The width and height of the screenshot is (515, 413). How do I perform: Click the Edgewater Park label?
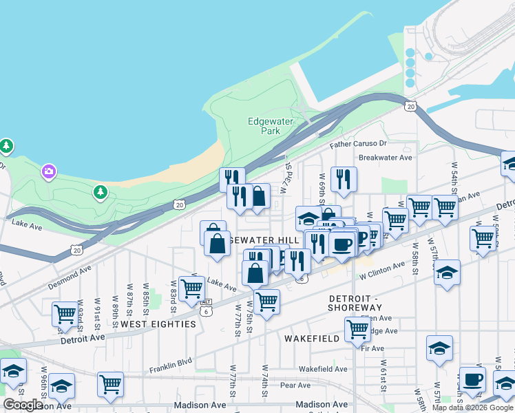[x=270, y=126]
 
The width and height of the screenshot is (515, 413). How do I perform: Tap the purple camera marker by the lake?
[x=48, y=171]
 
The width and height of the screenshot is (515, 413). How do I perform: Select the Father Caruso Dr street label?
[x=358, y=144]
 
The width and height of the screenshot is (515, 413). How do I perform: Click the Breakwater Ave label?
[x=385, y=157]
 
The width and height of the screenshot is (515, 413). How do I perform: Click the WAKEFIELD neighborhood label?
[x=311, y=339]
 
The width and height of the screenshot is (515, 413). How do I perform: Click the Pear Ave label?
[x=295, y=385]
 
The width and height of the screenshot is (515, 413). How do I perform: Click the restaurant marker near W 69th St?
[x=343, y=179]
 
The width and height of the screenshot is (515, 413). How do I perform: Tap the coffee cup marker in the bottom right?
[x=472, y=379]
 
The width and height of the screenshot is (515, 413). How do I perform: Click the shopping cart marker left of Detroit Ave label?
[x=64, y=314]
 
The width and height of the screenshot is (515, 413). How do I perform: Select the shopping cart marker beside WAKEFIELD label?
[x=357, y=330]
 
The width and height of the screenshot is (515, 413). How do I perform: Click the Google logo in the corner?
[x=23, y=405]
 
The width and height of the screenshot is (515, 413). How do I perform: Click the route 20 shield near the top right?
[x=410, y=106]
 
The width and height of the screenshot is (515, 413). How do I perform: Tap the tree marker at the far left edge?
[x=6, y=146]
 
